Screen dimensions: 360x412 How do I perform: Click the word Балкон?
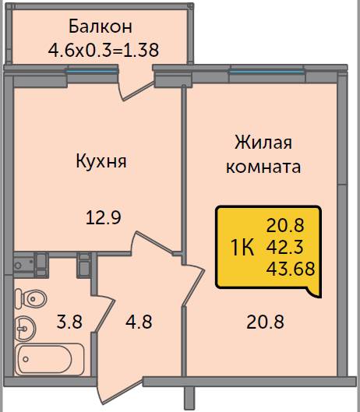[101, 26]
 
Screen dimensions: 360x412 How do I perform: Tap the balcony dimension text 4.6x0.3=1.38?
[104, 50]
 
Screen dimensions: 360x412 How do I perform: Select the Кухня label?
[101, 162]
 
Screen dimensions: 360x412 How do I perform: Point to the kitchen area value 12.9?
[104, 218]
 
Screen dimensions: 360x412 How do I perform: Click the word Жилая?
[263, 143]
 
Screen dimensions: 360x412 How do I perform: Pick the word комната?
[263, 167]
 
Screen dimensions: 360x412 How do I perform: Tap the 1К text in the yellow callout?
[242, 248]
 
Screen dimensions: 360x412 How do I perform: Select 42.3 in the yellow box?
[284, 247]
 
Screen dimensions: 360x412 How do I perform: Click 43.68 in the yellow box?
[291, 269]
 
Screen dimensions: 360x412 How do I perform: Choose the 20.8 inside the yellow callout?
[285, 226]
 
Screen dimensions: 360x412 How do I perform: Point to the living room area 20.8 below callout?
[265, 322]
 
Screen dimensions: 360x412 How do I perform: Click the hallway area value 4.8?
[139, 322]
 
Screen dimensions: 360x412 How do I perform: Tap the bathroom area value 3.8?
[69, 322]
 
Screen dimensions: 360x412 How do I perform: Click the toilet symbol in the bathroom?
[30, 299]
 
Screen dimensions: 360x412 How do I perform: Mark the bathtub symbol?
[49, 359]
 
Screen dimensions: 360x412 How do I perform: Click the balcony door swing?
[136, 90]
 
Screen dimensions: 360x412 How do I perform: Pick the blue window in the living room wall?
[266, 72]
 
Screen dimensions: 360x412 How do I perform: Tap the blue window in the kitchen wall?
[92, 71]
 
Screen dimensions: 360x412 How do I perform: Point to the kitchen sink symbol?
[23, 266]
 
